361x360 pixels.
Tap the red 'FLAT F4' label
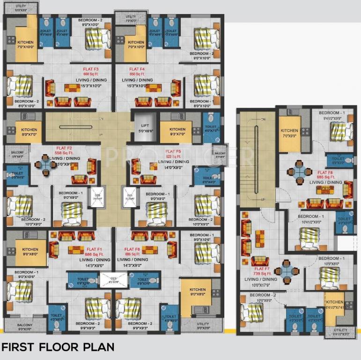[x=137, y=69]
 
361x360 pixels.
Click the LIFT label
[x=145, y=126]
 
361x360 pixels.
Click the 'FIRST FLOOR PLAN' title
[x=58, y=347]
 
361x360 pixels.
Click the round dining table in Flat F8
[x=297, y=171]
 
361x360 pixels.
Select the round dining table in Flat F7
[x=285, y=271]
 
